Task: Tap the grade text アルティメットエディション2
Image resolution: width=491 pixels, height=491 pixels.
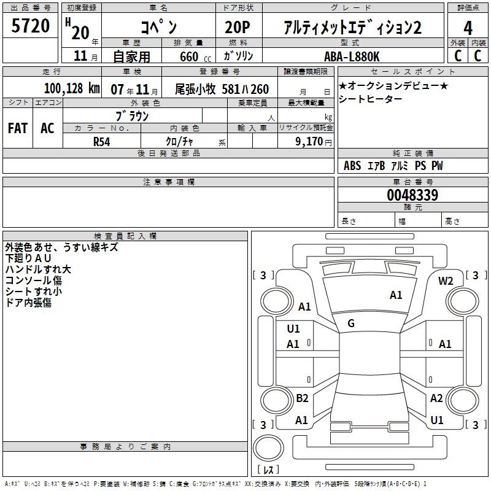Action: point(353,27)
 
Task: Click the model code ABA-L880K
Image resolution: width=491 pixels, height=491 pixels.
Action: point(352,56)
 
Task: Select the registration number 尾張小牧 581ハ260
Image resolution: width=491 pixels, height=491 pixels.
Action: point(222,90)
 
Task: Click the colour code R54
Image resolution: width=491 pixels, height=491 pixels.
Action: point(101,141)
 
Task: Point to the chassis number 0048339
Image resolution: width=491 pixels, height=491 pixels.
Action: point(412,195)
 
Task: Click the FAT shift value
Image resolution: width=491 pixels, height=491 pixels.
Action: point(18,128)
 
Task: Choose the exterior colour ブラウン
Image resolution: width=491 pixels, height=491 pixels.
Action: point(132,115)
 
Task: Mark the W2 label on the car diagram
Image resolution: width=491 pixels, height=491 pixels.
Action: point(446,280)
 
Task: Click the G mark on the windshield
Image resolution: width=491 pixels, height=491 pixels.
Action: point(350,323)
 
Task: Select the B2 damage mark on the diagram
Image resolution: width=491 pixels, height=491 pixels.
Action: point(302,398)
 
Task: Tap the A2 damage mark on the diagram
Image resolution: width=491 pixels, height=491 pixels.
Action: point(436,398)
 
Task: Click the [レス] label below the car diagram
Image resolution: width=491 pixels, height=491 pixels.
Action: point(268,470)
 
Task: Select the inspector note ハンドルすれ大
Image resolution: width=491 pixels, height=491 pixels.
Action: point(38,269)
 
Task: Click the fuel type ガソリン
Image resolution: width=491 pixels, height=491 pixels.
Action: point(239,56)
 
